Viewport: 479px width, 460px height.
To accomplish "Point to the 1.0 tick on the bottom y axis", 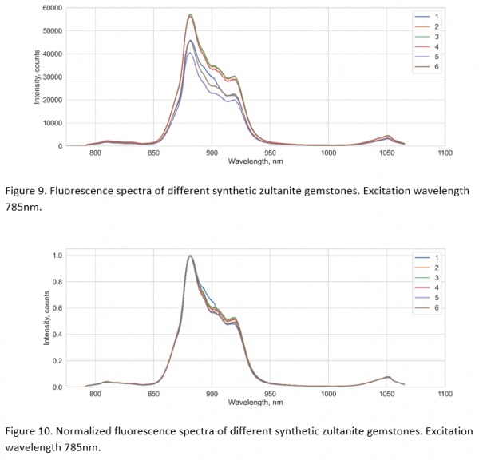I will [x=56, y=256].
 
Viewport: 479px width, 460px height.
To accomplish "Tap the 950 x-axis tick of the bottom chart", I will [x=270, y=395].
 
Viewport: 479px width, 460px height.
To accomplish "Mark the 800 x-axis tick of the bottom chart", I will [x=95, y=395].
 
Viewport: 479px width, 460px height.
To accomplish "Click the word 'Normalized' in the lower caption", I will [x=85, y=431].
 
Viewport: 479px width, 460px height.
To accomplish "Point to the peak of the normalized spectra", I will [x=190, y=256].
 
